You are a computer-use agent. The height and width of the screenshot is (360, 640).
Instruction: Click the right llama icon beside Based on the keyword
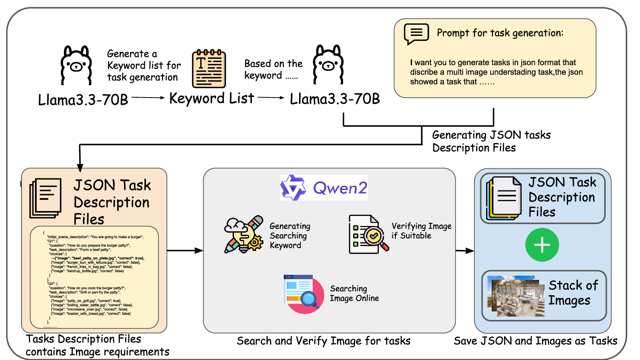click(x=328, y=64)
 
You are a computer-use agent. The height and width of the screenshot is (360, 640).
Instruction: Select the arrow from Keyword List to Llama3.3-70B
click(x=271, y=98)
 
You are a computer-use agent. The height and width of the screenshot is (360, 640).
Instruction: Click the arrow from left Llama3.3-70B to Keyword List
click(x=148, y=98)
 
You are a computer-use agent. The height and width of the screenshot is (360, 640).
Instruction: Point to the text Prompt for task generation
click(x=500, y=33)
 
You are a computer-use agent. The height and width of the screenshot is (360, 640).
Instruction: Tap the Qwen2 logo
click(x=324, y=187)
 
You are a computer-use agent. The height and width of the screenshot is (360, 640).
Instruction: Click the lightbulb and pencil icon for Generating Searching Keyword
click(x=244, y=235)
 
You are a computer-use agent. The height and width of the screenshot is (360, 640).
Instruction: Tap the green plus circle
click(x=542, y=245)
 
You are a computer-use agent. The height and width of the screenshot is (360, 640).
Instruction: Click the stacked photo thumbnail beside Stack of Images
click(x=516, y=296)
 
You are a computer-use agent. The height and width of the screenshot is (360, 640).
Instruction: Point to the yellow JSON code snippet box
click(x=94, y=277)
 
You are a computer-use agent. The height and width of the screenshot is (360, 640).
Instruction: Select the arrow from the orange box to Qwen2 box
click(x=185, y=251)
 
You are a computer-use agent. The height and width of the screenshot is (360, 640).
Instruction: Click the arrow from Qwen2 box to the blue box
click(x=464, y=251)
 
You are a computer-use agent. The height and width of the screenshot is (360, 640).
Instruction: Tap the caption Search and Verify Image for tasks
click(x=323, y=341)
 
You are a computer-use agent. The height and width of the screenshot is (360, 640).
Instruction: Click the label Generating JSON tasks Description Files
click(x=491, y=141)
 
